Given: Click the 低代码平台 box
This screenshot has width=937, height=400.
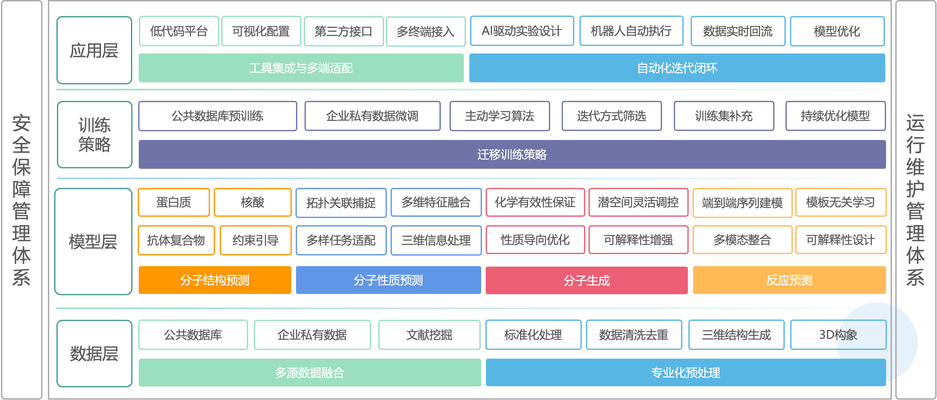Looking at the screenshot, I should [x=179, y=31].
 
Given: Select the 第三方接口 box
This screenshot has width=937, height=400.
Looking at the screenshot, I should [x=343, y=31].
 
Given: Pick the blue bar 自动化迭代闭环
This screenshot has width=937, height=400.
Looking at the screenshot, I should [x=677, y=68].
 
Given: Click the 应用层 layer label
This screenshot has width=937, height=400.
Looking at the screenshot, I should [x=94, y=51].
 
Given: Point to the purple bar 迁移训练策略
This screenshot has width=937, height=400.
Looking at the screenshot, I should [x=512, y=154].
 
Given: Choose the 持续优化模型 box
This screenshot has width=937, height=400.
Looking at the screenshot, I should [x=835, y=116].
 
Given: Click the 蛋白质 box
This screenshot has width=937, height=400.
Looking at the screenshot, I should [x=174, y=202].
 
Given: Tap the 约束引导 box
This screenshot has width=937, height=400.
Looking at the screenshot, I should [x=255, y=240].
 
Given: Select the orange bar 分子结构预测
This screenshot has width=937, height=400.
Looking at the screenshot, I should [x=214, y=280].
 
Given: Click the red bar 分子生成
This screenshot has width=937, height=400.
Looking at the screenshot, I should [x=586, y=280].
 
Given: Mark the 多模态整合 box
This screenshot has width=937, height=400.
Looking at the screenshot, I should [x=742, y=240].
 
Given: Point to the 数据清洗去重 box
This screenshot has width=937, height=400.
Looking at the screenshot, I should [x=634, y=335].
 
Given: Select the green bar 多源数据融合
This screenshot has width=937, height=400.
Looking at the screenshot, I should [x=310, y=372].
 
